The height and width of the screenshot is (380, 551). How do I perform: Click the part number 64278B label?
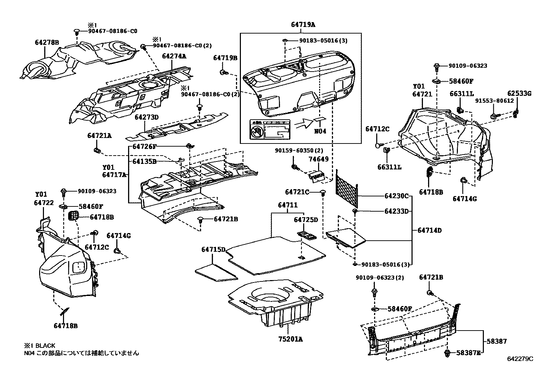47,43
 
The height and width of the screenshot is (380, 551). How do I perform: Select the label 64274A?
174,56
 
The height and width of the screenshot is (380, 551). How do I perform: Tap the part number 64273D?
146,117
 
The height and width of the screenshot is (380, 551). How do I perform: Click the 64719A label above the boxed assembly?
303,25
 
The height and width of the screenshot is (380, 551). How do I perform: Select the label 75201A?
290,340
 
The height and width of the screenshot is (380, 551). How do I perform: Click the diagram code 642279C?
520,359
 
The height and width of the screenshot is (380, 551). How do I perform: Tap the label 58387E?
468,353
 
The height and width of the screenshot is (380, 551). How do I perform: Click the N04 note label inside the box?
320,131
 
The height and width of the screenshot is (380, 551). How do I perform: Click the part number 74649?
318,159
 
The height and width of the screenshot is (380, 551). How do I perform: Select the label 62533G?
519,93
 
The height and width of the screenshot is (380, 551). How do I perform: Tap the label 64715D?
214,249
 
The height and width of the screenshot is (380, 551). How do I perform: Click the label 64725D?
306,220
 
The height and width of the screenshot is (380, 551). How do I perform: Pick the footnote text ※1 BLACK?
39,346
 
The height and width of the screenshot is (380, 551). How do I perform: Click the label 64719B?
225,58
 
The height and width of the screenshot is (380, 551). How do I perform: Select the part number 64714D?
430,230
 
